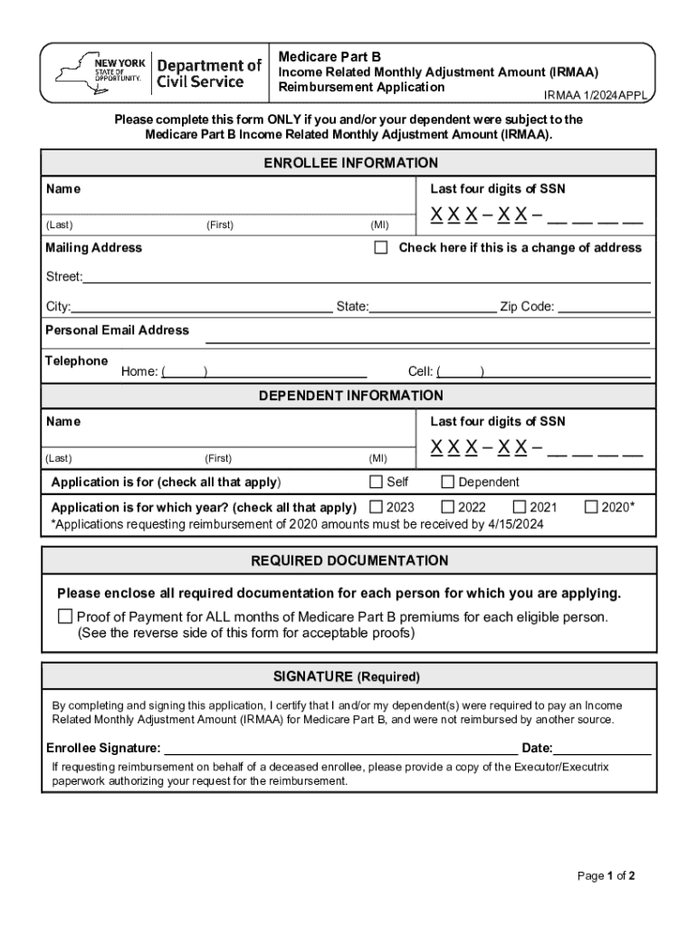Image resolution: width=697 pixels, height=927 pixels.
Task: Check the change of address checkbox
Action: click(381, 247)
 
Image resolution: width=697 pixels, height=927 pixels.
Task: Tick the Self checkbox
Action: click(376, 482)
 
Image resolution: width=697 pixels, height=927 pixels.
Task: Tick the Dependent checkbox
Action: click(447, 482)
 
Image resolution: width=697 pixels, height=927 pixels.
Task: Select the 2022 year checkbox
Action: click(447, 507)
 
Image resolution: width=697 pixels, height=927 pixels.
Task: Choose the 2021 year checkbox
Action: click(520, 507)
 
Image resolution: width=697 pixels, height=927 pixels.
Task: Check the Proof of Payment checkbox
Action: click(65, 616)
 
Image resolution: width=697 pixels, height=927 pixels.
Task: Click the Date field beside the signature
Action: click(602, 747)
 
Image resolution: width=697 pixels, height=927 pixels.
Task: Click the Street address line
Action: click(367, 276)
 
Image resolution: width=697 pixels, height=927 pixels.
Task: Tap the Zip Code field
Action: click(604, 306)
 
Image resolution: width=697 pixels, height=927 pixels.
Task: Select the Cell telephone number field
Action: click(566, 370)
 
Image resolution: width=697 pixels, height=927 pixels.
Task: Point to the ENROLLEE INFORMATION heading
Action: click(350, 163)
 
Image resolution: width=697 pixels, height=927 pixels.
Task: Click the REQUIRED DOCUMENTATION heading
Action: click(348, 560)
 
